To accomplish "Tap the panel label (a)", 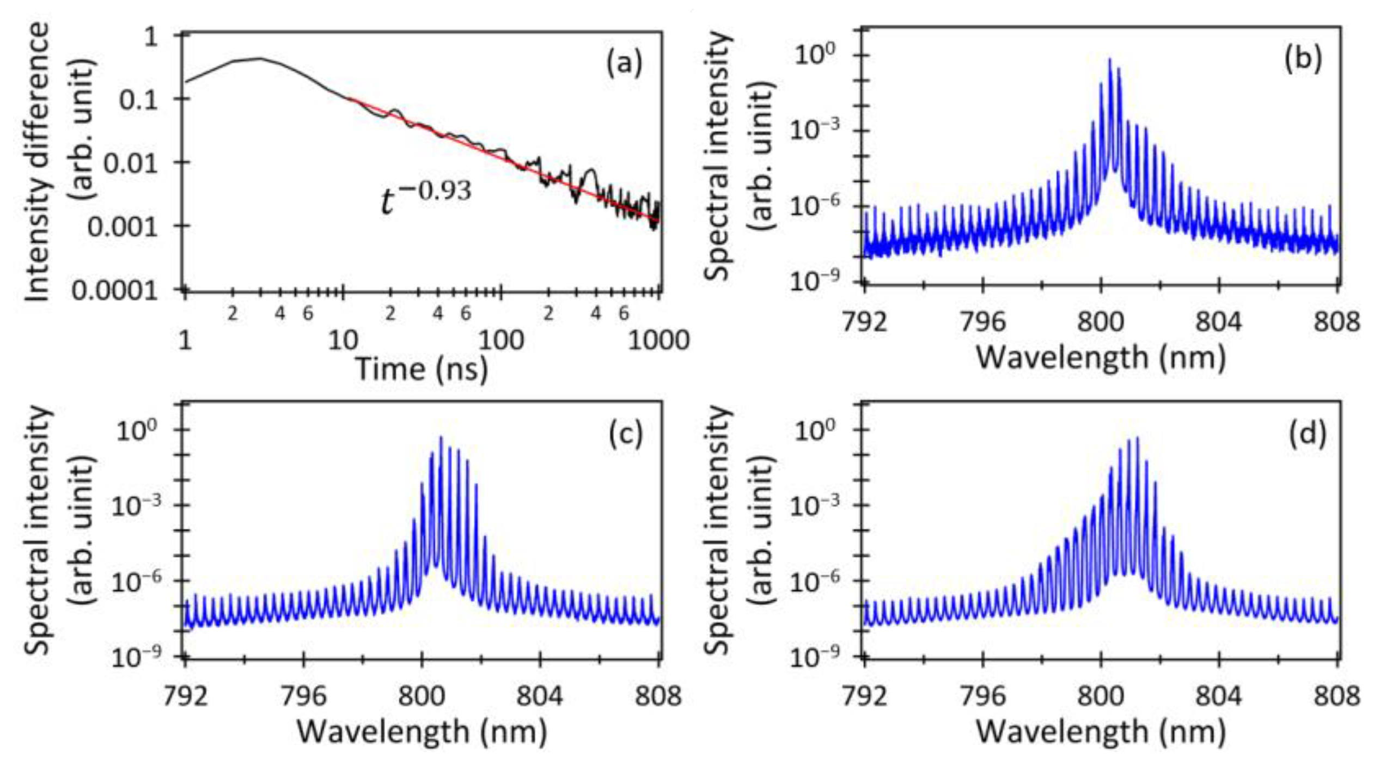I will click(x=624, y=63).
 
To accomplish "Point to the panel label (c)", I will click(x=625, y=434).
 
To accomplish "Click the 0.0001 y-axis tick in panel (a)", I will click(x=114, y=291).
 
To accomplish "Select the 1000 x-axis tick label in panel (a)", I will click(x=658, y=341).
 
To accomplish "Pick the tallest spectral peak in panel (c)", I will click(x=441, y=437).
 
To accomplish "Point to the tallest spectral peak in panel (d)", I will click(x=1137, y=438).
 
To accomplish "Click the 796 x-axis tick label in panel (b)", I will click(x=982, y=322).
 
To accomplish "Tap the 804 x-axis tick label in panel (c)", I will click(x=539, y=697).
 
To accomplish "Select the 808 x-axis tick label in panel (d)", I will click(x=1336, y=697).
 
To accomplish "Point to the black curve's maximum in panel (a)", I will click(x=259, y=58).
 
